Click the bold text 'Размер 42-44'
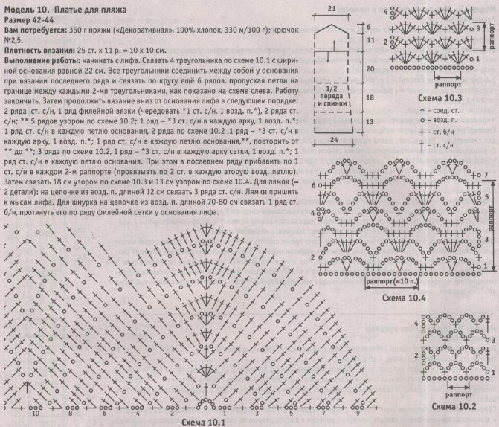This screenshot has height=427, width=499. (29, 18)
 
